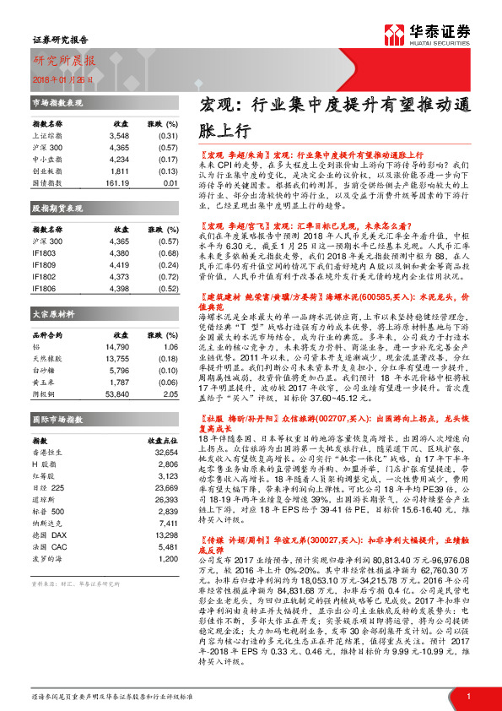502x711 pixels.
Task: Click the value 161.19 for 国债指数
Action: tap(116, 182)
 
